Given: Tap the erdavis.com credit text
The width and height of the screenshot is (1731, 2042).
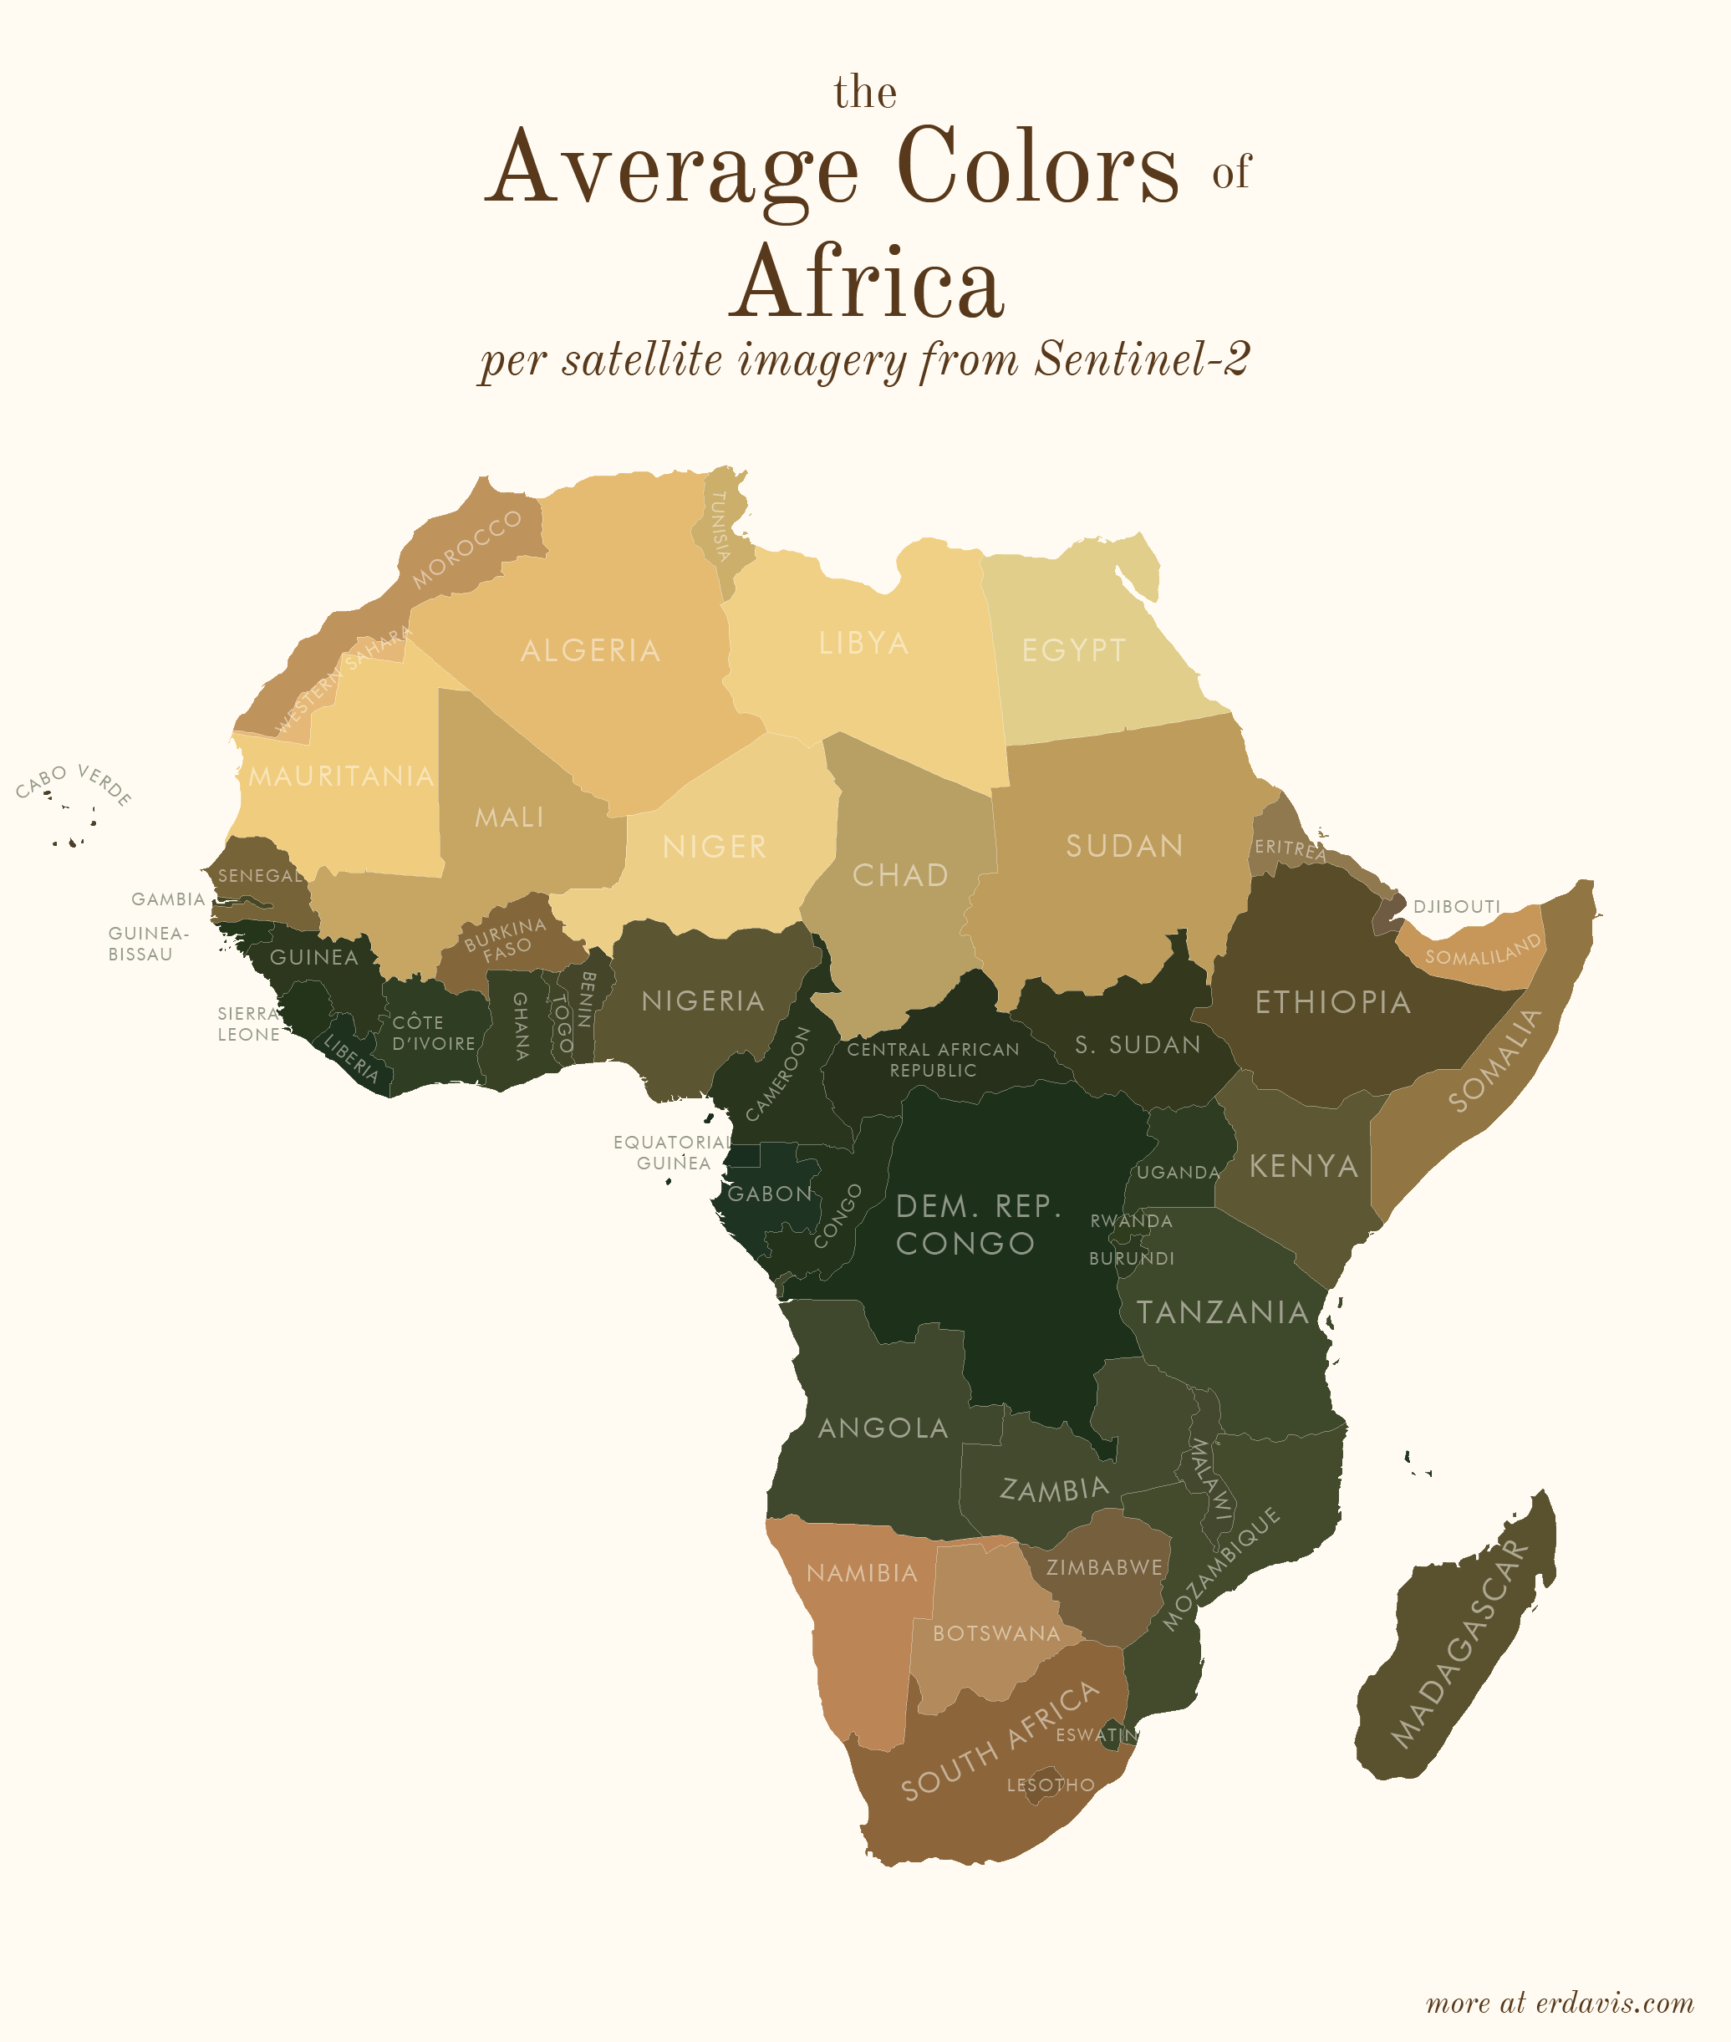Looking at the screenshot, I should coord(1560,2003).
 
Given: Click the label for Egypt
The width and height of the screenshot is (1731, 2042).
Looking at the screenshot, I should coord(1073,649).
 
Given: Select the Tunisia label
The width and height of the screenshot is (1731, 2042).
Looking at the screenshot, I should coord(720,526).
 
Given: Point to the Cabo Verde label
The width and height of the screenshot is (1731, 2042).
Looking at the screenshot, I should coord(74,784).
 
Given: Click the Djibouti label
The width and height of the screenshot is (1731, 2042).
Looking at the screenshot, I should coord(1456,907).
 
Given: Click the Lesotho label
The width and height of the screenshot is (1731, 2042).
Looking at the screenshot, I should coord(1050,1785).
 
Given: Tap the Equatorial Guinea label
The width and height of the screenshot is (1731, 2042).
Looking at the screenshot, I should coord(672,1152).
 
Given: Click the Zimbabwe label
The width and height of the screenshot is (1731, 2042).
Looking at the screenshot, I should coord(1104,1567).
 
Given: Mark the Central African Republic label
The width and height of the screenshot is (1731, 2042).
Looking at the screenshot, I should coord(934,1060).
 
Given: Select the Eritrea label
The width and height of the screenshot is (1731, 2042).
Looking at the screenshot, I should coord(1289,848).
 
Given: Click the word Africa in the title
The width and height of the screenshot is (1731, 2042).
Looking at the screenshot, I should coord(868,283).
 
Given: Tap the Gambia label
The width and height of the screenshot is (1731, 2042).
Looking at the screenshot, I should coord(168,899).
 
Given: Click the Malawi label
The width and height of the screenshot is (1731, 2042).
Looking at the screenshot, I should coord(1211,1479).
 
